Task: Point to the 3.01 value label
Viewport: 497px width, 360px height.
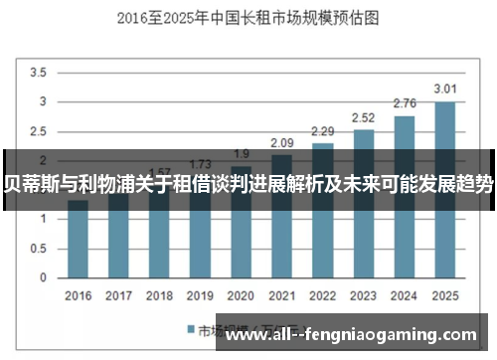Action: click(x=444, y=90)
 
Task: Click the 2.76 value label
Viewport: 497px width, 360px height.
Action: click(x=404, y=103)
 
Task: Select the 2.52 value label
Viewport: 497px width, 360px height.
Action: click(x=363, y=117)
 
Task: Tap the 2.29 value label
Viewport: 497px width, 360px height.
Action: click(x=322, y=131)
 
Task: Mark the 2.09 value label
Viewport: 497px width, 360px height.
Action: click(x=281, y=143)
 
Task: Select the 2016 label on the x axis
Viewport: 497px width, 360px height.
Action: click(x=78, y=295)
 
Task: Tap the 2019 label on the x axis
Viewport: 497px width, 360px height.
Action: click(x=200, y=295)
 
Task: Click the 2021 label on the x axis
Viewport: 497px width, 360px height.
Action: click(x=281, y=295)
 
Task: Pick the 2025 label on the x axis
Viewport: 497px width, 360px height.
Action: click(x=444, y=295)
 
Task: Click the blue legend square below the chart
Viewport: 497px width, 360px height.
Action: click(x=188, y=329)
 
